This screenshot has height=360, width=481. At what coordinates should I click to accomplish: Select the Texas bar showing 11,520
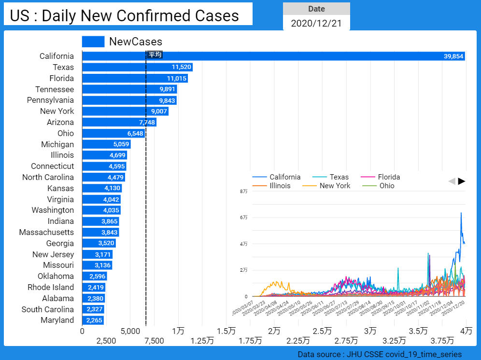pyautogui.click(x=137, y=67)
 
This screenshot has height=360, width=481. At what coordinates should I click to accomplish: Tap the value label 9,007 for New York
pyautogui.click(x=159, y=111)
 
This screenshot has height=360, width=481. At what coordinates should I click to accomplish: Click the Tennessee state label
pyautogui.click(x=55, y=89)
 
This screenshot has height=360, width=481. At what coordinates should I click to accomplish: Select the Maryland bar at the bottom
pyautogui.click(x=93, y=320)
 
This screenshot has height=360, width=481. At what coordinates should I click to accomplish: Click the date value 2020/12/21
pyautogui.click(x=316, y=23)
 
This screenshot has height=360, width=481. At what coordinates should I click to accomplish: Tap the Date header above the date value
pyautogui.click(x=316, y=9)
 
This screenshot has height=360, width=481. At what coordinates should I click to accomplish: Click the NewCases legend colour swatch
pyautogui.click(x=93, y=42)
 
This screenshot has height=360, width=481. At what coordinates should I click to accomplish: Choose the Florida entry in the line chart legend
pyautogui.click(x=389, y=177)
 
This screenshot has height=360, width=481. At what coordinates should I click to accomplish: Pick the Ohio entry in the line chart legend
pyautogui.click(x=386, y=186)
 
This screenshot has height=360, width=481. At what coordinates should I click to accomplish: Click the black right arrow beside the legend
pyautogui.click(x=462, y=181)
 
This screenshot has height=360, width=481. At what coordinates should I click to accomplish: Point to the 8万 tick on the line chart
pyautogui.click(x=244, y=192)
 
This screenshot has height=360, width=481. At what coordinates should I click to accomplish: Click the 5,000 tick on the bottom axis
pyautogui.click(x=130, y=331)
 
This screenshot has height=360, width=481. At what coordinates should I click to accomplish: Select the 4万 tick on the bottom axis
pyautogui.click(x=466, y=331)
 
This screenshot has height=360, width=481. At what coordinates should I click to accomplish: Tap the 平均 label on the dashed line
pyautogui.click(x=155, y=55)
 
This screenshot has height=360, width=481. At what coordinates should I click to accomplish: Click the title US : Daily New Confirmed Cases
pyautogui.click(x=124, y=15)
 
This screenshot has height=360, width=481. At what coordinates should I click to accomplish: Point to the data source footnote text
pyautogui.click(x=380, y=355)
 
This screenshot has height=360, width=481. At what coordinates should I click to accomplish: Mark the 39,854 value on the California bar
pyautogui.click(x=453, y=56)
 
